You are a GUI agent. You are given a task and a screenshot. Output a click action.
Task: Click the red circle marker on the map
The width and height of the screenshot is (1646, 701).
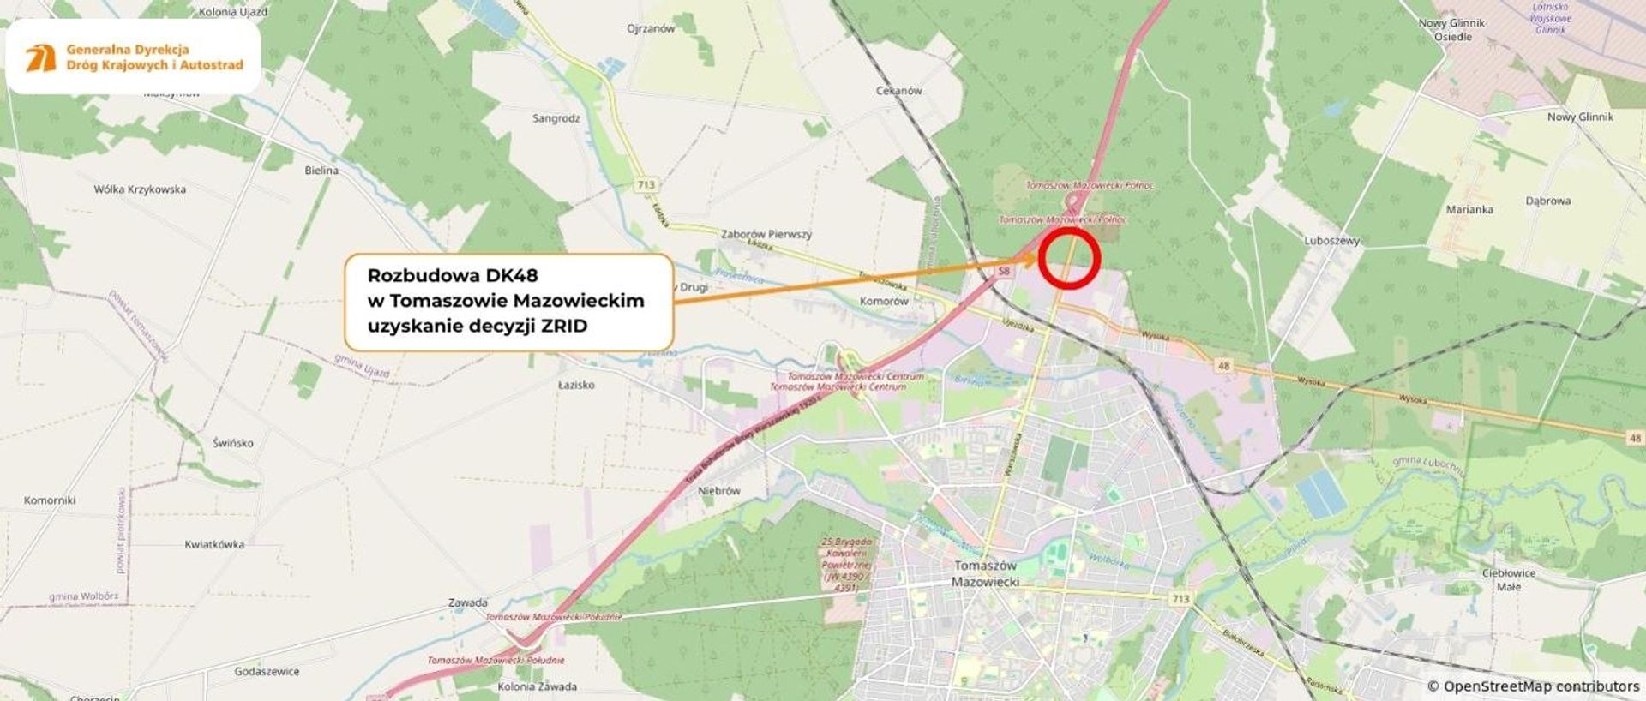click(x=1068, y=257)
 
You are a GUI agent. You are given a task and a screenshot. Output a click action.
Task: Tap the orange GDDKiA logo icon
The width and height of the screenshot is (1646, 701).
click(x=40, y=57)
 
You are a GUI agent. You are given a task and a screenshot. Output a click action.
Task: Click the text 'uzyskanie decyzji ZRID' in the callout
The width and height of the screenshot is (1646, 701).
click(x=477, y=326)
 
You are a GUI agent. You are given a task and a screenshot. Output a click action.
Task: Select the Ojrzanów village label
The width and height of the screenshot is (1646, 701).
click(x=651, y=28)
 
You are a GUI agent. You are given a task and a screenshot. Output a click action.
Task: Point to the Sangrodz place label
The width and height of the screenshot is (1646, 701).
click(x=556, y=118)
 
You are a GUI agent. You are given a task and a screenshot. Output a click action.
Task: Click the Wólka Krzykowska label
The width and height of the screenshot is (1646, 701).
click(x=140, y=189)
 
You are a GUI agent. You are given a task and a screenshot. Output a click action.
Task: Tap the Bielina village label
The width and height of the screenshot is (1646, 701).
click(x=321, y=171)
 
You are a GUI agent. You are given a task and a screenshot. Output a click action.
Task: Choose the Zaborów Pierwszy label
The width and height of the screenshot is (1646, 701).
click(x=766, y=234)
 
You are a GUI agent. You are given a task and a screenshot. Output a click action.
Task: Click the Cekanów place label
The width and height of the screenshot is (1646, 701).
click(x=898, y=90)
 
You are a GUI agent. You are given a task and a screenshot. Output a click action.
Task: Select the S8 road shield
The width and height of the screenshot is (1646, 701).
click(x=1004, y=271)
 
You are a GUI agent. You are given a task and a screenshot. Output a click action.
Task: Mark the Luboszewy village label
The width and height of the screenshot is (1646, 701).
click(x=1331, y=241)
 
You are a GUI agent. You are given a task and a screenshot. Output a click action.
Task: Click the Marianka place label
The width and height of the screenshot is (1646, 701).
click(x=1469, y=209)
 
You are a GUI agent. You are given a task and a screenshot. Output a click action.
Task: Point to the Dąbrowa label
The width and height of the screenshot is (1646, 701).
click(x=1547, y=201)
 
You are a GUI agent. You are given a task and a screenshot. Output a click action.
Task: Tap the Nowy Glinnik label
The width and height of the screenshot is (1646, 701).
click(x=1580, y=117)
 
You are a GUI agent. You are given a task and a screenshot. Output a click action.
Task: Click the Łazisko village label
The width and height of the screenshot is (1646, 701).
click(x=576, y=385)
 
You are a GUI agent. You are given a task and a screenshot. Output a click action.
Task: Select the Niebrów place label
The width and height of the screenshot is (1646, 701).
click(x=718, y=491)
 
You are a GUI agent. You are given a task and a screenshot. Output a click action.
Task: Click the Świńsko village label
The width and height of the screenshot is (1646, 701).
click(x=233, y=443)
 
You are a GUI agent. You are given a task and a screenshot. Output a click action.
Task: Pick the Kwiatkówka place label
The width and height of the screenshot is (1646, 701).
click(x=214, y=544)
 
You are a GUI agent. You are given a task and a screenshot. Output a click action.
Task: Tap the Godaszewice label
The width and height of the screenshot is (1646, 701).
click(x=267, y=671)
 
